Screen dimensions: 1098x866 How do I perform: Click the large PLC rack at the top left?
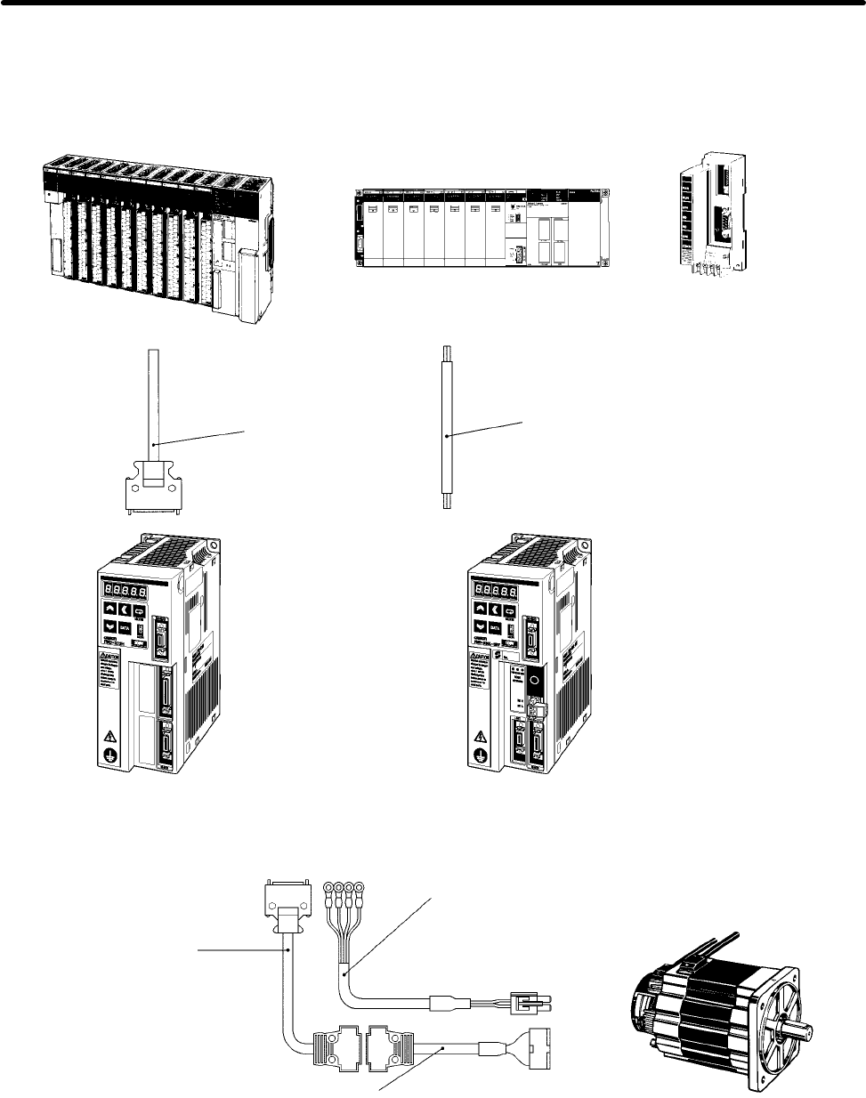[x=160, y=236]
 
